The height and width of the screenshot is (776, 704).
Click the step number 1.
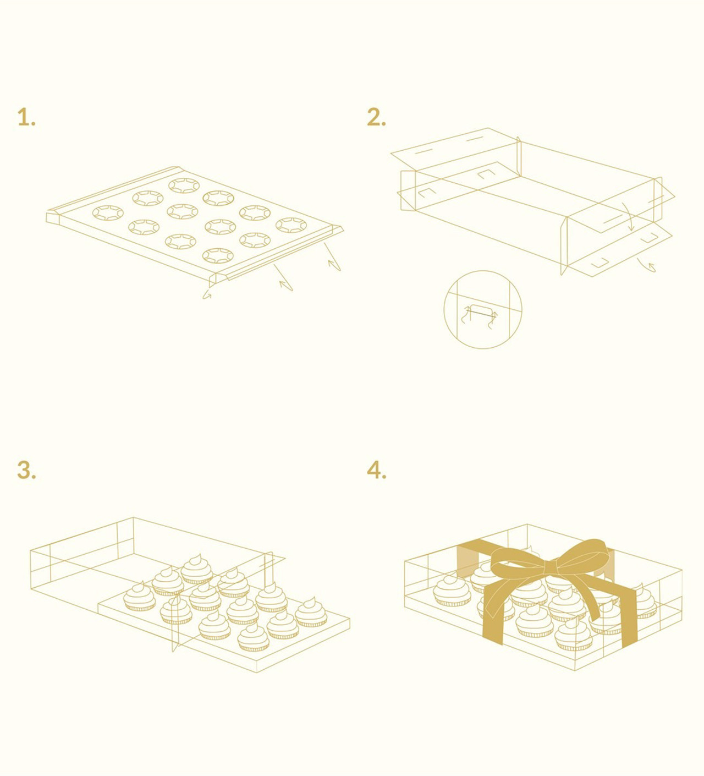(26, 117)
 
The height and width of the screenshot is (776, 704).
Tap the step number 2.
(376, 117)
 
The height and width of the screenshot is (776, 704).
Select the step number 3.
(26, 470)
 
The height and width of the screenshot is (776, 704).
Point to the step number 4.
(376, 470)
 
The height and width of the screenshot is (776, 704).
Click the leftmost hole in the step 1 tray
(108, 213)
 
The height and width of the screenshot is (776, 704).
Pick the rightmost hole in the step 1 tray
(291, 225)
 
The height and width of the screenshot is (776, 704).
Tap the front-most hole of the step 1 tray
(218, 256)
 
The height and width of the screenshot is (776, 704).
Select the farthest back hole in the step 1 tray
(184, 185)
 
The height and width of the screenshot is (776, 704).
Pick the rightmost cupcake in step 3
(311, 613)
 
